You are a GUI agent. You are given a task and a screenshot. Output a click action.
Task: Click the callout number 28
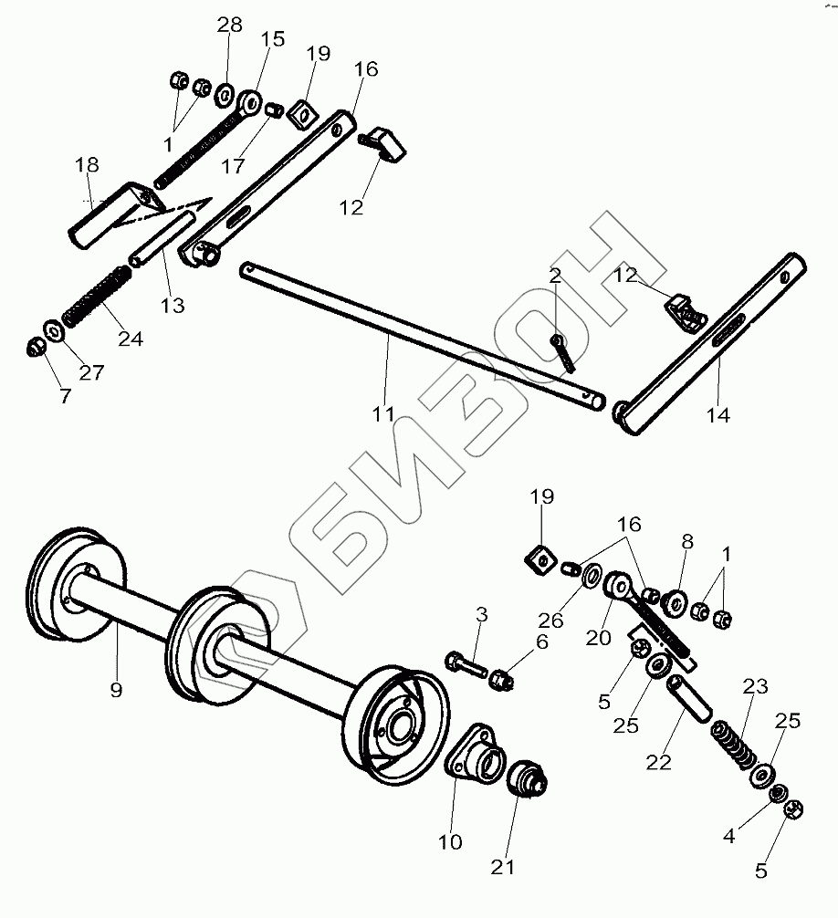229,25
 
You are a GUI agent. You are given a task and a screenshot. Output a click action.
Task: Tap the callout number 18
87,165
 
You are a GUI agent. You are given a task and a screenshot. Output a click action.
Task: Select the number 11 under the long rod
384,414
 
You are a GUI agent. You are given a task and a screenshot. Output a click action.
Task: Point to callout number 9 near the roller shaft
116,690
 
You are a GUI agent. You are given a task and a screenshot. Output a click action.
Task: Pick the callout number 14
718,415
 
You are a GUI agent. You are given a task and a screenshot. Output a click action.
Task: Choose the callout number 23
755,687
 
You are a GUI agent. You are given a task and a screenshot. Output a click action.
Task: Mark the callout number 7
66,397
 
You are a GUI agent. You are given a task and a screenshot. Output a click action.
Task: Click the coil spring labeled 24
90,296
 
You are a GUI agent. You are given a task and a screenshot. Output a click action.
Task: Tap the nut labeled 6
502,679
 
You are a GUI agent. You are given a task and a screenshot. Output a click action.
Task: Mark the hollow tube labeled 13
163,238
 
